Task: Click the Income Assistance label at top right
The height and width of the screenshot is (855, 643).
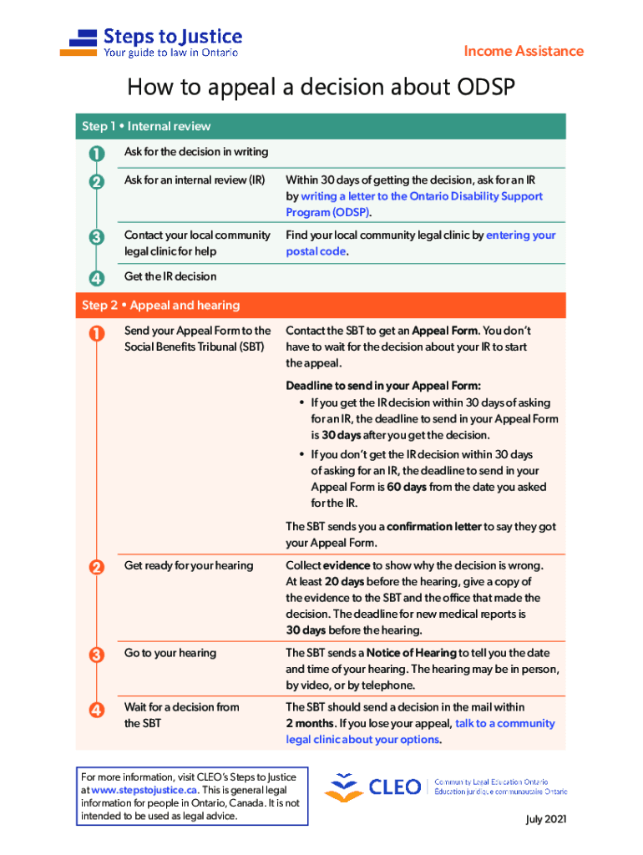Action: click(524, 51)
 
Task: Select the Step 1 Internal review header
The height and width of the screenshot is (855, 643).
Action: click(146, 126)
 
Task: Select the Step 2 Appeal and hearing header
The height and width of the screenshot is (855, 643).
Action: click(160, 306)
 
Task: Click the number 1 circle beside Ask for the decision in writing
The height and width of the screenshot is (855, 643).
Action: click(96, 153)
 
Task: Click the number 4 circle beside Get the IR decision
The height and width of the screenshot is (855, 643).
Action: click(96, 277)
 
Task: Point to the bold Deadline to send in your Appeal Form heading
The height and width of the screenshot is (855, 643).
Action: click(383, 385)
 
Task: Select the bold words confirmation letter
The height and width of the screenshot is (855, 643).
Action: click(434, 527)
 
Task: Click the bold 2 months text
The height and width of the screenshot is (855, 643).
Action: click(311, 723)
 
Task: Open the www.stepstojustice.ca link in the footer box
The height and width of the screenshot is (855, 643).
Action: click(144, 789)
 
